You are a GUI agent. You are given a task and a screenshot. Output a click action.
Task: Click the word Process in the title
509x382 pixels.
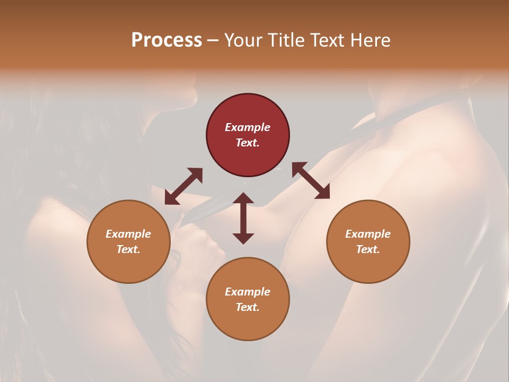[x=166, y=40]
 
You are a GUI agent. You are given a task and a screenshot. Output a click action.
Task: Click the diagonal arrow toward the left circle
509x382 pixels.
[x=183, y=186]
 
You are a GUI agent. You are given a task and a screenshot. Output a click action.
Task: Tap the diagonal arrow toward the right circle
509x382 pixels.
[x=311, y=180]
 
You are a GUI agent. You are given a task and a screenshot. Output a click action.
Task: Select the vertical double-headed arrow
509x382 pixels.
[x=243, y=218]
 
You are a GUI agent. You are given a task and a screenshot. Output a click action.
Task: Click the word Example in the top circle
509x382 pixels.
[x=248, y=127]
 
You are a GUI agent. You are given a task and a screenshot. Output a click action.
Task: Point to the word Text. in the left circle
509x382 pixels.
[x=128, y=249]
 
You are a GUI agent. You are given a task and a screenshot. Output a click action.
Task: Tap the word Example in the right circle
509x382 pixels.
[x=368, y=234]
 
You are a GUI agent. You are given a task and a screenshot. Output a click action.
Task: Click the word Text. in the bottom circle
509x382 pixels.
[x=248, y=307]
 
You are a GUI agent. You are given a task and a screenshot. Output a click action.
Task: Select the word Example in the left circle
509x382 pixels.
[x=128, y=234]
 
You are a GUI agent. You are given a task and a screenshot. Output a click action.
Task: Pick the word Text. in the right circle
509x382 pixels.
[x=368, y=249]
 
